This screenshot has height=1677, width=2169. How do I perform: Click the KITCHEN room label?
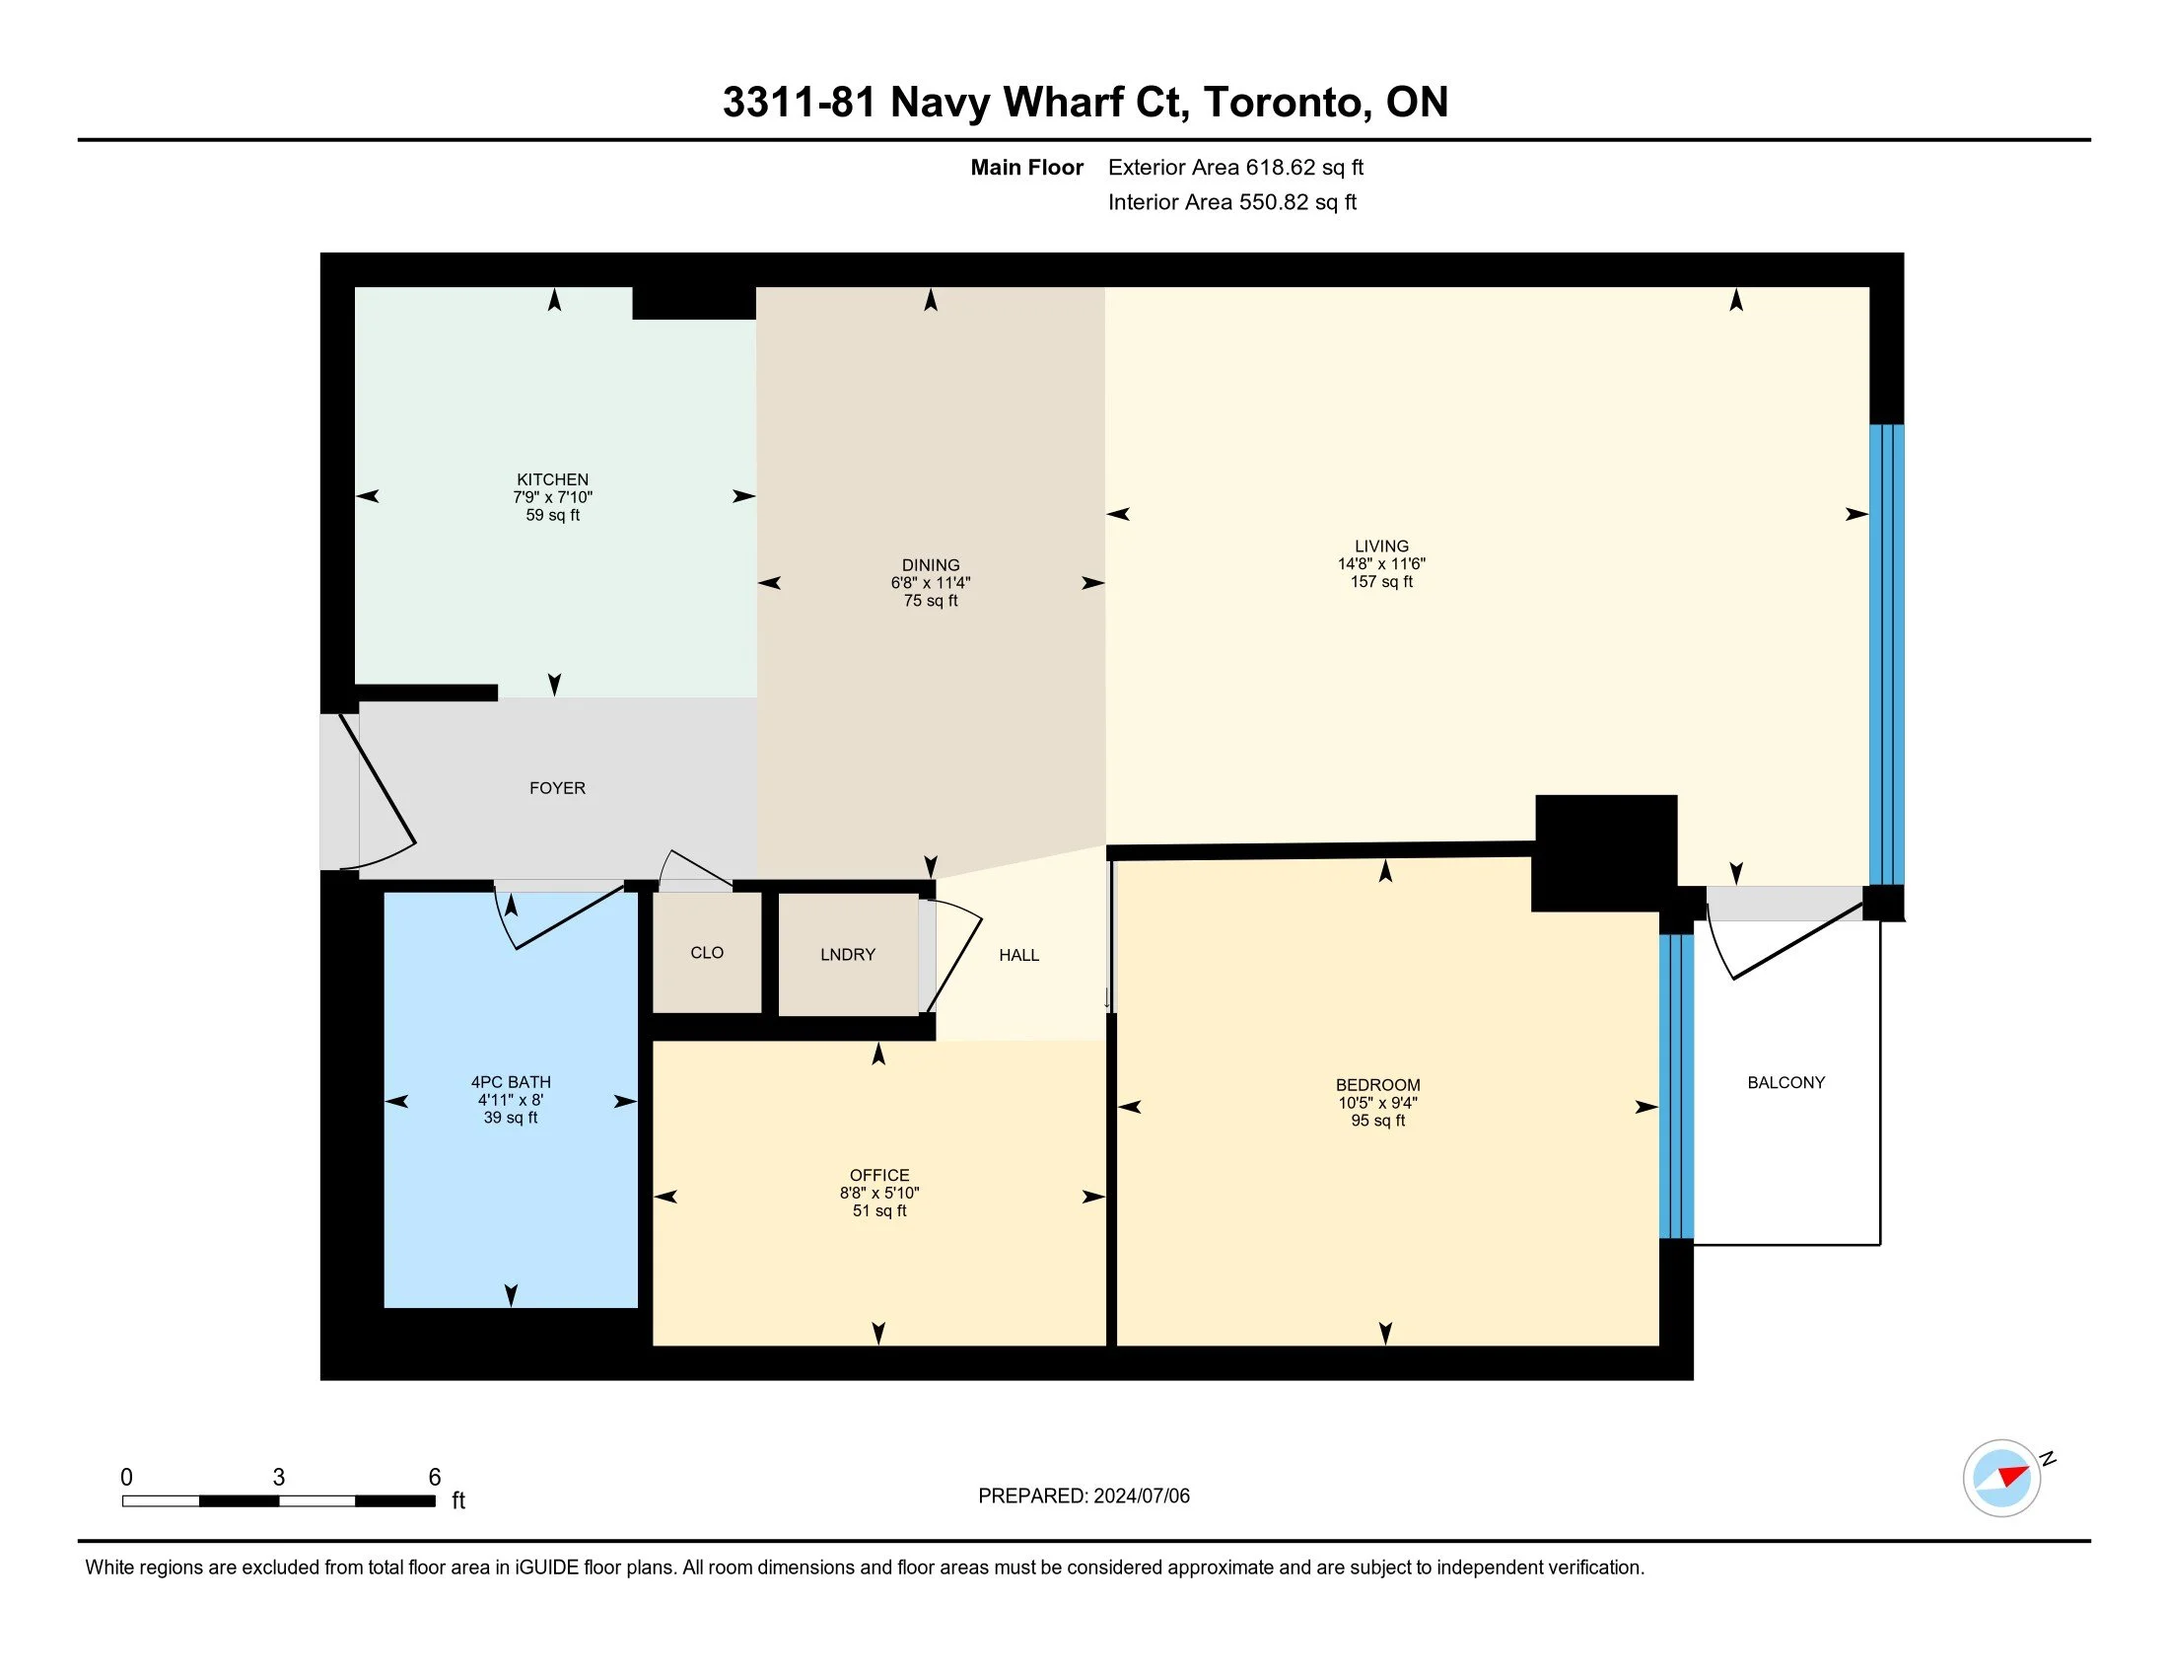tap(552, 479)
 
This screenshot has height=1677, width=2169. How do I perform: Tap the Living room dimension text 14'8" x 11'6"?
tap(1381, 563)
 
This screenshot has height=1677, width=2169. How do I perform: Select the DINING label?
tap(931, 565)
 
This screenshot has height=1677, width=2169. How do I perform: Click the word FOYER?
tap(557, 788)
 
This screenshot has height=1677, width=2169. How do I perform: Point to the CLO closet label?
tap(707, 953)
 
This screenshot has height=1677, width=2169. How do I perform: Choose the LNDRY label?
tap(848, 955)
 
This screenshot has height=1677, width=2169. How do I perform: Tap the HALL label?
tap(1019, 955)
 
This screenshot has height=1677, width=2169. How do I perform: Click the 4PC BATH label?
tap(511, 1082)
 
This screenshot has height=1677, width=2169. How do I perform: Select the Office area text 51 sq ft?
tap(879, 1211)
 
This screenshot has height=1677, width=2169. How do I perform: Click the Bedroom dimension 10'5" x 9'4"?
tap(1377, 1103)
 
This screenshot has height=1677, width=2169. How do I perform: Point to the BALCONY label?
tap(1785, 1083)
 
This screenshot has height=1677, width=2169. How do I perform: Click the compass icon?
tap(2002, 1479)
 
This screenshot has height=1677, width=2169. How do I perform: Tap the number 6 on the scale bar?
tap(434, 1478)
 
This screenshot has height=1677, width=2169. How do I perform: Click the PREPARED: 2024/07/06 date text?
tap(1084, 1496)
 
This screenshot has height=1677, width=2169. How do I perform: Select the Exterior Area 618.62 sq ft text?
tap(1235, 168)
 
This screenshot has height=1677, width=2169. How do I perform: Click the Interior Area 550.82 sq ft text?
tap(1231, 202)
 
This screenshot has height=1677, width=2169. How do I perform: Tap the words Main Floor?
tap(1027, 168)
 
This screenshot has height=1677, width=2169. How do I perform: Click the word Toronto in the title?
tap(1282, 103)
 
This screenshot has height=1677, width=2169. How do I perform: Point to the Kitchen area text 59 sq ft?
tap(553, 516)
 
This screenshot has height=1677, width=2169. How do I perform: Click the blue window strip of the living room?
tap(1886, 655)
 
